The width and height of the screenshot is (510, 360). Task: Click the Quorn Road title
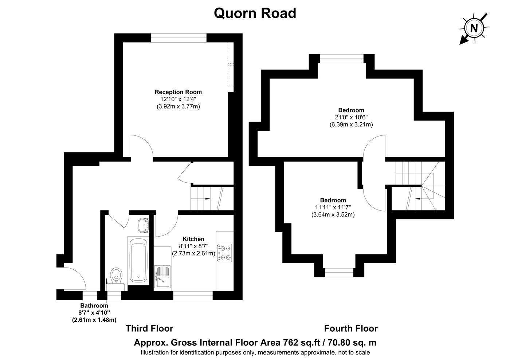click(255, 13)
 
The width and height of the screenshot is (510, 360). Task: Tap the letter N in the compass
click(474, 28)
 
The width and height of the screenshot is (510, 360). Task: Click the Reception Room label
click(178, 92)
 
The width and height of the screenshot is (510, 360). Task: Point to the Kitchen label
click(193, 239)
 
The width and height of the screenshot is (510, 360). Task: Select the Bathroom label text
click(94, 305)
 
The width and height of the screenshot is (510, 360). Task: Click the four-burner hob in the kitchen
click(224, 253)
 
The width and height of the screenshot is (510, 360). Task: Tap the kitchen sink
click(162, 277)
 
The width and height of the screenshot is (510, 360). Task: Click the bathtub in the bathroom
click(138, 260)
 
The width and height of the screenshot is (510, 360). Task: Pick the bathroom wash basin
click(144, 225)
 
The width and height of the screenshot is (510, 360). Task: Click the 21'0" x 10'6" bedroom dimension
click(351, 118)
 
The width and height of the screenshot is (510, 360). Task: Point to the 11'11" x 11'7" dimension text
click(333, 207)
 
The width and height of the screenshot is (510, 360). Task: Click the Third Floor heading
click(149, 328)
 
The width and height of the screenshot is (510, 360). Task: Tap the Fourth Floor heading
click(351, 328)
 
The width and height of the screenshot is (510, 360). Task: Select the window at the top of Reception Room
click(178, 38)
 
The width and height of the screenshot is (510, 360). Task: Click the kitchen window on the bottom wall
click(193, 296)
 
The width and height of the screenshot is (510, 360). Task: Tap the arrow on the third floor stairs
click(208, 199)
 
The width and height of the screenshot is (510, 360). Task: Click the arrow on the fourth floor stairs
click(418, 199)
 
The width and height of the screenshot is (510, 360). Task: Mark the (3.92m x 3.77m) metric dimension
click(178, 106)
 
